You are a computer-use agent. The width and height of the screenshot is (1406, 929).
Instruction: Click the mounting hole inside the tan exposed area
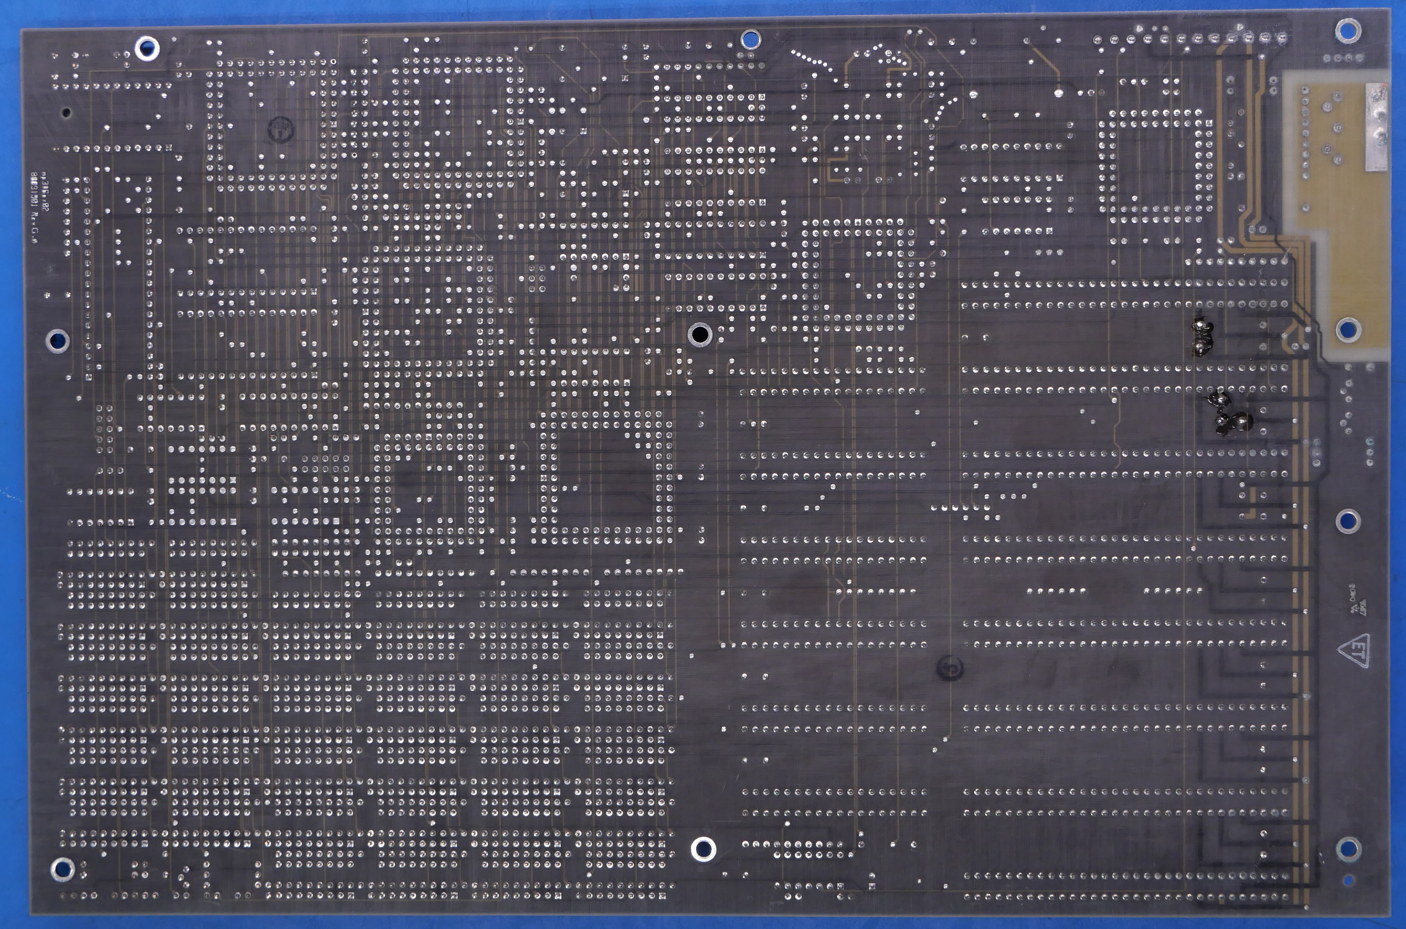point(1348,329)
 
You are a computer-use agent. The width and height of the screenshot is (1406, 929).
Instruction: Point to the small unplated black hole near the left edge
point(66,112)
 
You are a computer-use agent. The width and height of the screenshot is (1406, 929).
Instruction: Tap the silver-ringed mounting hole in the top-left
point(146,48)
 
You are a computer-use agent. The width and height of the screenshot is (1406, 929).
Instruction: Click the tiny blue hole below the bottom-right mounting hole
point(1349,881)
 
